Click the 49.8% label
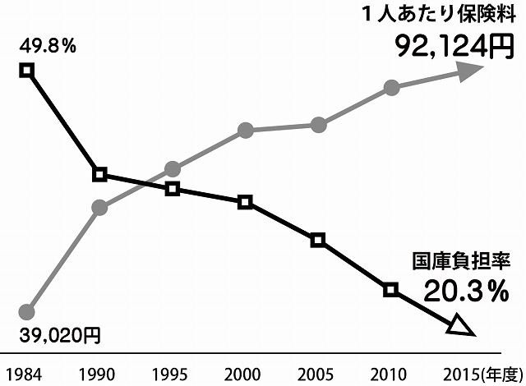click(x=47, y=46)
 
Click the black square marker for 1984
click(x=26, y=71)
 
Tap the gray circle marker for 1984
click(x=26, y=312)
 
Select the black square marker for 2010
click(x=391, y=289)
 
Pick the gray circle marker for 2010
click(x=391, y=88)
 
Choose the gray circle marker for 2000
click(x=245, y=130)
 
